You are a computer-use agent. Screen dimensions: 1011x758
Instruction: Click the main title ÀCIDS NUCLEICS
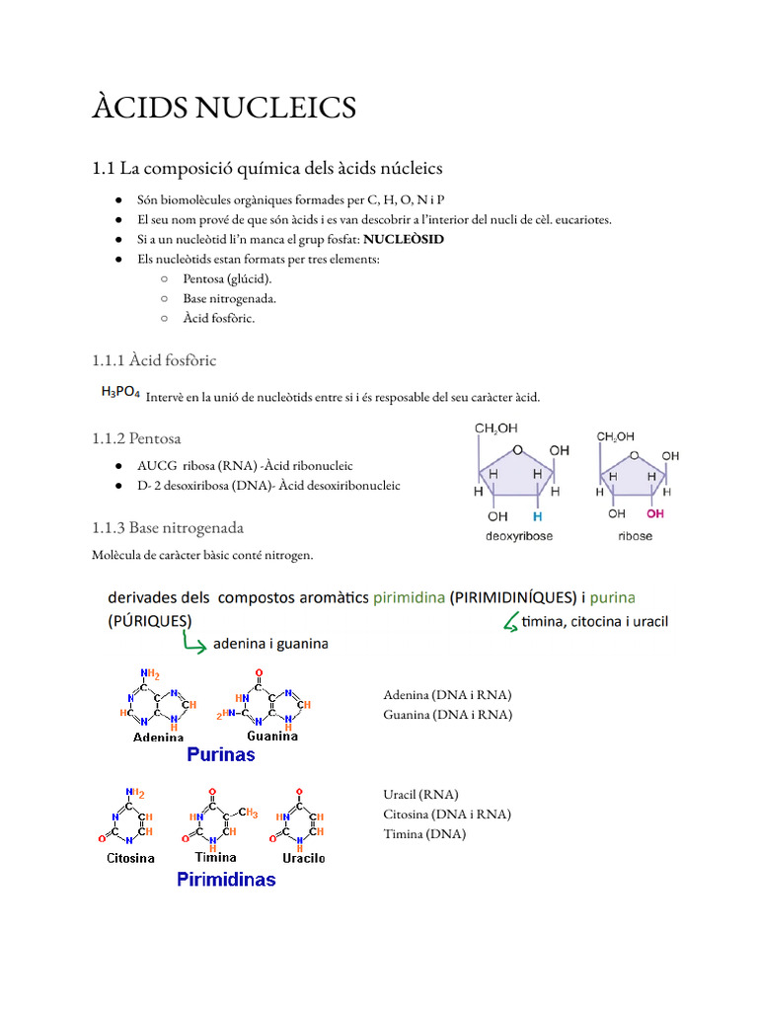(224, 107)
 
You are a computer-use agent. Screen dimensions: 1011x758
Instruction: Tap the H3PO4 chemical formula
(120, 393)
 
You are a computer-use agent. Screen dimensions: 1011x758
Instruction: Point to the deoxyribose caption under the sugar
(518, 536)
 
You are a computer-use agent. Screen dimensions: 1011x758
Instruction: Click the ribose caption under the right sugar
(635, 536)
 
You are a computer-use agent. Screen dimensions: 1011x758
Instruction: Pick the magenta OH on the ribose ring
(655, 513)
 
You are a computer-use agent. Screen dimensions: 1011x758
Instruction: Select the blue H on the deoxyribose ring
(537, 515)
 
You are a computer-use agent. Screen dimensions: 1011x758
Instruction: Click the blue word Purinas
(221, 754)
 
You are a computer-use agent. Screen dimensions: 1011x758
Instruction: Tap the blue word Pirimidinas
(226, 879)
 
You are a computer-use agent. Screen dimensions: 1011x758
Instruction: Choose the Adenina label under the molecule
(158, 737)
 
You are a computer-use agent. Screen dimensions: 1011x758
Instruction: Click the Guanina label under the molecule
(272, 736)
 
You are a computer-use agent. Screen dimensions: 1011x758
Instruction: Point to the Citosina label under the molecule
(131, 858)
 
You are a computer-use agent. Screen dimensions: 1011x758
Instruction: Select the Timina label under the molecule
(216, 857)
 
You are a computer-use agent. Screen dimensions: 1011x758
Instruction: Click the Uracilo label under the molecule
(303, 858)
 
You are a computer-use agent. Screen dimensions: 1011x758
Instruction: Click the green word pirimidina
(409, 597)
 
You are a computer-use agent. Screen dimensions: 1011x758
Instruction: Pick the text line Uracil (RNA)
(421, 794)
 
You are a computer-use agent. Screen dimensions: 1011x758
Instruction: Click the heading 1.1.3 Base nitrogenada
(168, 528)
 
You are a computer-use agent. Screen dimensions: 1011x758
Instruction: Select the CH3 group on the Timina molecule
(247, 814)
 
